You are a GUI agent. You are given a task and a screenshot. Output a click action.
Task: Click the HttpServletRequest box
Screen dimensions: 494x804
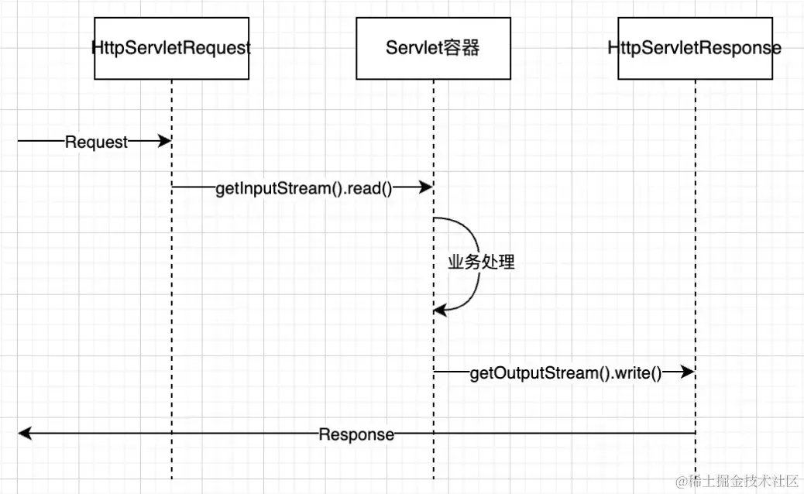click(171, 48)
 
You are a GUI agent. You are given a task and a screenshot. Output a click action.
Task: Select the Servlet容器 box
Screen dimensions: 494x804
click(433, 48)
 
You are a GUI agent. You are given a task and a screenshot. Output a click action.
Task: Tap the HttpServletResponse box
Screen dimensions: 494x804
click(695, 48)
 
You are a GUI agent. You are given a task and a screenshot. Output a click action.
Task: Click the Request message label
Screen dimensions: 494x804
click(96, 142)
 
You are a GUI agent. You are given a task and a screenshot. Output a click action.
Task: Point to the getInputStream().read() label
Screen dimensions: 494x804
click(304, 188)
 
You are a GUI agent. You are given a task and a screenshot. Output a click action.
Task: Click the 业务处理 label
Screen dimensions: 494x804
click(481, 262)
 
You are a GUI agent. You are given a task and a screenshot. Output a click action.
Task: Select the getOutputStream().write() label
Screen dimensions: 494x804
click(565, 374)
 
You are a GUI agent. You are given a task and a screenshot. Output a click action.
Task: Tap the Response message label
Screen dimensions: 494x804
click(356, 434)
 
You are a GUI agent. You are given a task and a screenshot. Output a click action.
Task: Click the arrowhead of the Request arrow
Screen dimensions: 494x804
click(164, 141)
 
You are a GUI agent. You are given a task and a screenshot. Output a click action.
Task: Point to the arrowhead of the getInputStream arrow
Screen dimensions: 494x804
click(425, 187)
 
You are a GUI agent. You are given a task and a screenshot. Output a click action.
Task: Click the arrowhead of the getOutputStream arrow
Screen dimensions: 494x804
click(687, 373)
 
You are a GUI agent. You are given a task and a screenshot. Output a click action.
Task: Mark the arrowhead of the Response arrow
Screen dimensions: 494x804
click(24, 434)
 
